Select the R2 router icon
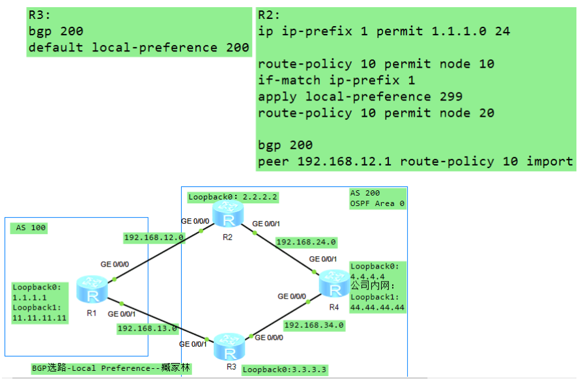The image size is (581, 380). click(227, 214)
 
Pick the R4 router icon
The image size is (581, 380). click(333, 284)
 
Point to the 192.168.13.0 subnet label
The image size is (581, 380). click(146, 329)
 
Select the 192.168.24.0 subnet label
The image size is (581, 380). click(306, 242)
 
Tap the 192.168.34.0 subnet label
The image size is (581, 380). click(314, 325)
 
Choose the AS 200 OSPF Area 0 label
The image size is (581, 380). click(376, 198)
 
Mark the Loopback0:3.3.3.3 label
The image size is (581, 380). click(285, 370)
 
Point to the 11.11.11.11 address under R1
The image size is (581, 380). click(40, 318)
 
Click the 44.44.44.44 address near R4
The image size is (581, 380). click(377, 307)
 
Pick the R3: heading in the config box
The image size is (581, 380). click(40, 15)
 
